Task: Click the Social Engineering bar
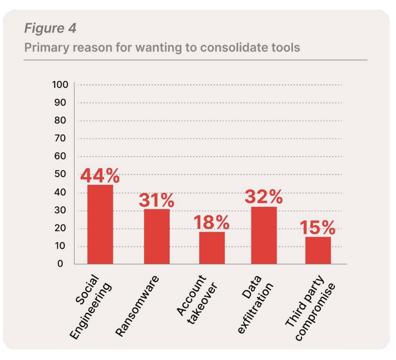point(100,224)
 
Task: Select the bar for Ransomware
point(156,236)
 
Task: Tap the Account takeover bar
point(212,248)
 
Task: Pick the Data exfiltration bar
point(264,235)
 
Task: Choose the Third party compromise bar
point(318,250)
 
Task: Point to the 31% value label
point(156,200)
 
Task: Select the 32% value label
point(264,197)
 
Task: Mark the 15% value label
point(318,227)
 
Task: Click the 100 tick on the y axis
point(60,84)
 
